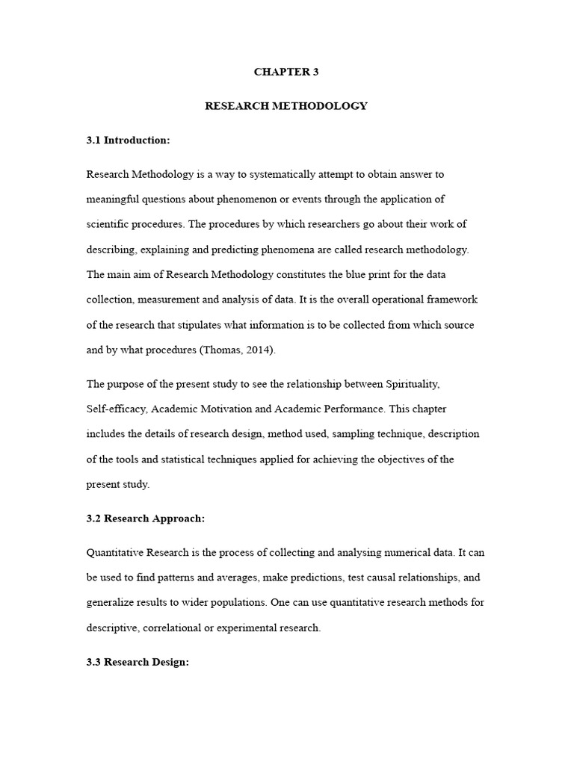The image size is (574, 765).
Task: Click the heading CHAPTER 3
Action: pyautogui.click(x=286, y=72)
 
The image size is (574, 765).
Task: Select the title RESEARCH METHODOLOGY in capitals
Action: pyautogui.click(x=286, y=106)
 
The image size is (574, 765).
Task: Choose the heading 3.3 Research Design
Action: pyautogui.click(x=139, y=662)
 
